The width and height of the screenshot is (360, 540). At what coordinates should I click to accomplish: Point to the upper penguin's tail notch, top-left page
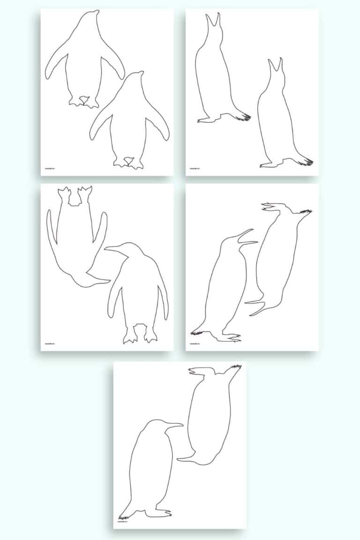pyautogui.click(x=84, y=99)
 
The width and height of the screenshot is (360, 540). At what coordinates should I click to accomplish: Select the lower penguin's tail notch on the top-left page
pyautogui.click(x=126, y=162)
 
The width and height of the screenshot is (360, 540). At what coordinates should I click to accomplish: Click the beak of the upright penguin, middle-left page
pyautogui.click(x=112, y=249)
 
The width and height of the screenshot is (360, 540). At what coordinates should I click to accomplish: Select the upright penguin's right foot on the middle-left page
pyautogui.click(x=150, y=335)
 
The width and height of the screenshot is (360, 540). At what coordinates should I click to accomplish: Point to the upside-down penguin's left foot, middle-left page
pyautogui.click(x=64, y=193)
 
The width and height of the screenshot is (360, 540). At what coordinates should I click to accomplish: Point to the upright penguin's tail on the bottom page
pyautogui.click(x=124, y=513)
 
